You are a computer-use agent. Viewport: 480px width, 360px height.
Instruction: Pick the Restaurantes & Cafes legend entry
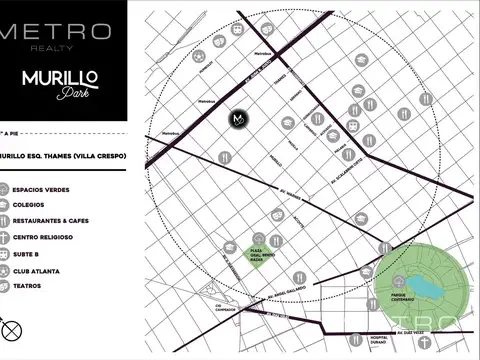tap(50, 221)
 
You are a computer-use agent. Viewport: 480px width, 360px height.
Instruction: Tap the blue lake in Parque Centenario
tap(423, 287)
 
